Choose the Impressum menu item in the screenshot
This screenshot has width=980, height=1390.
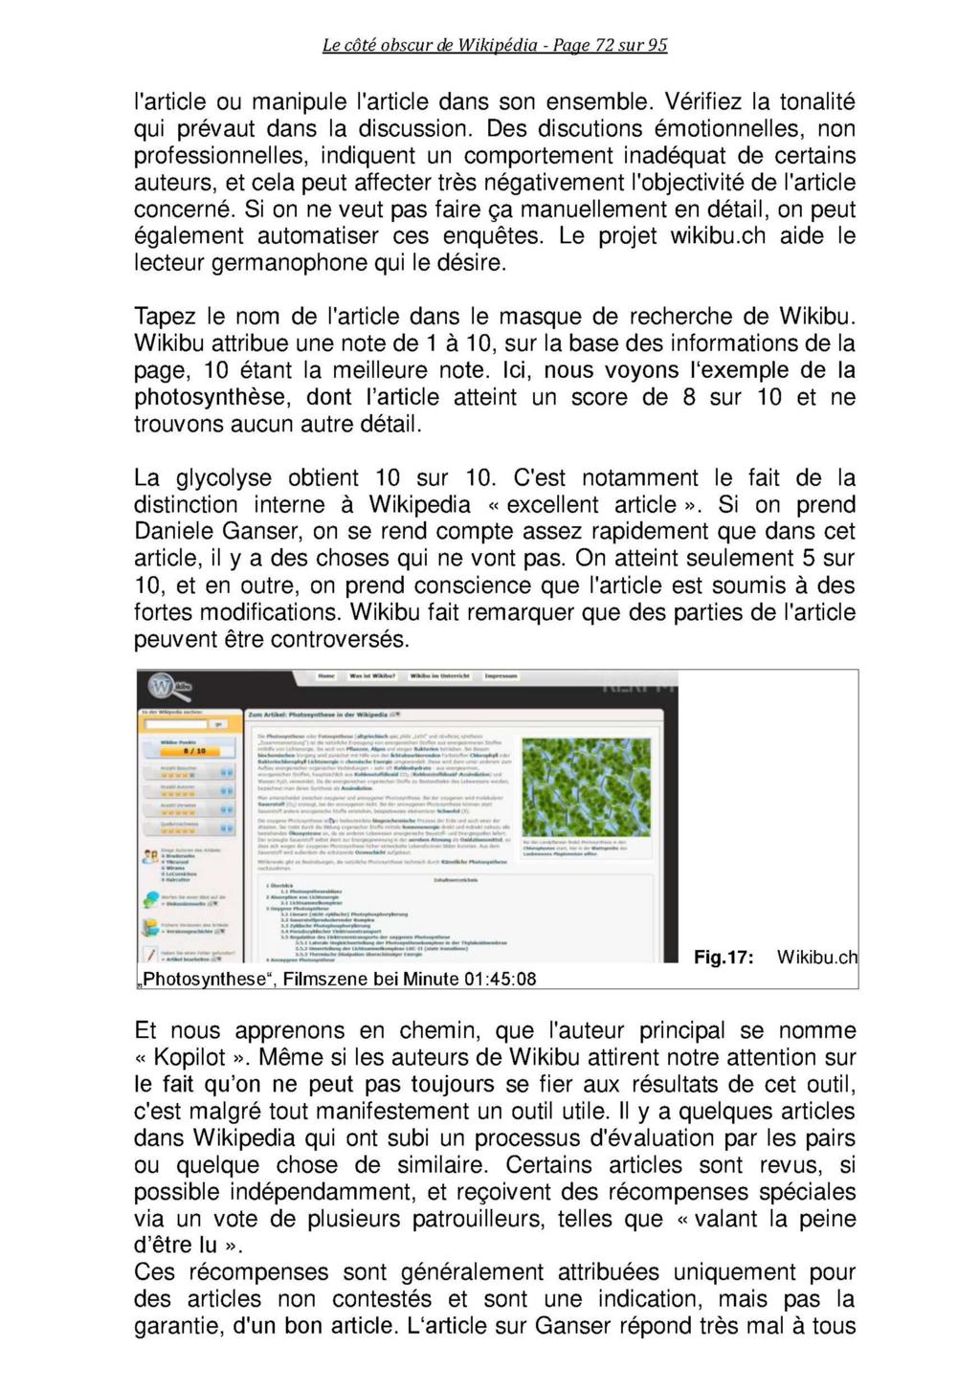[x=501, y=676]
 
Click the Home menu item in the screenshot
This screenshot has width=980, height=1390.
[x=326, y=676]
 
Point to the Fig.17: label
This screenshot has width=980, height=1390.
[x=724, y=958]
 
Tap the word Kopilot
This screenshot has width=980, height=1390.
[x=190, y=1058]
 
